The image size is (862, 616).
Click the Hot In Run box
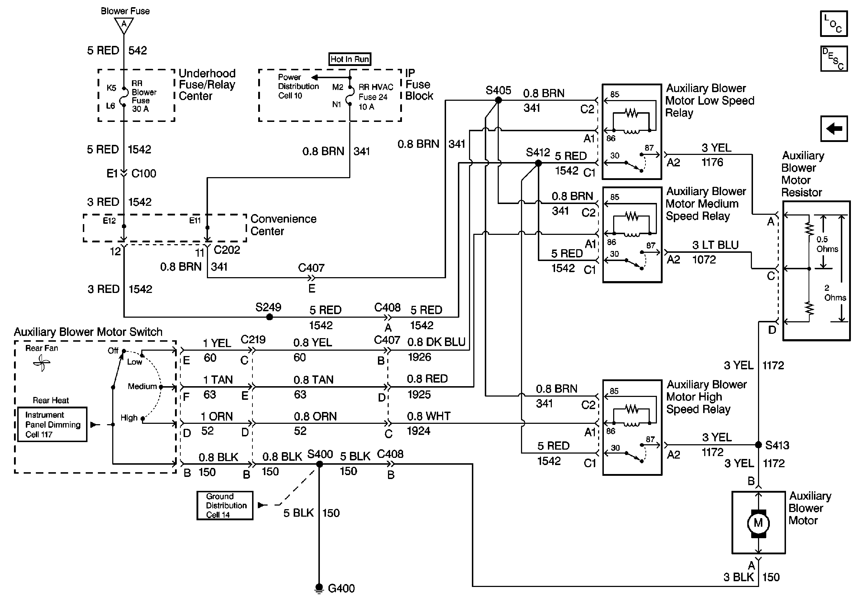coord(350,59)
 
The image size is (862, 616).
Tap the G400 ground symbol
coord(319,588)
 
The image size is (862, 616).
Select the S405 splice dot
coord(499,100)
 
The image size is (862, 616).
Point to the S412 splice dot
coord(538,164)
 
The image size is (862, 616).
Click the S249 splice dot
coord(269,317)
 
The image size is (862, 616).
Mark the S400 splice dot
coord(319,464)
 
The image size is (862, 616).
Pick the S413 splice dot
coord(758,445)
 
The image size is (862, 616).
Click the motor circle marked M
coord(758,523)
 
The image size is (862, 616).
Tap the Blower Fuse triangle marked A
coord(124,25)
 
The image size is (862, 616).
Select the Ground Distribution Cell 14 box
coord(225,506)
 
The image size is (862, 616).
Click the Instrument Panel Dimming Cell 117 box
coord(52,425)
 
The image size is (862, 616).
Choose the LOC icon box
coord(834,24)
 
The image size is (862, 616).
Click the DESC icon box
coord(834,59)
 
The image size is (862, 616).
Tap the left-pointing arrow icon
coord(834,129)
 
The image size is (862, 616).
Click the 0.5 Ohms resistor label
coord(827,244)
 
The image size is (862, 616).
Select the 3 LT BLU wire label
coord(715,245)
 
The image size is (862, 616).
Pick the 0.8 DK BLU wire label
coord(436,342)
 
